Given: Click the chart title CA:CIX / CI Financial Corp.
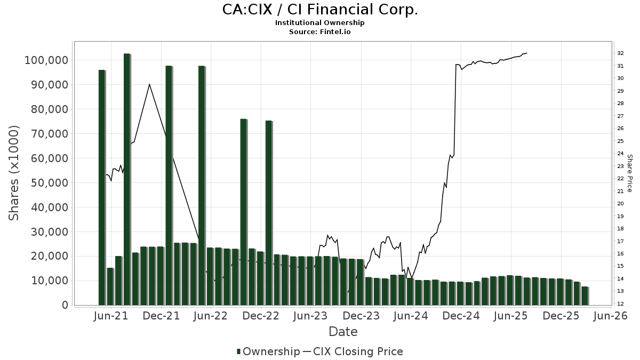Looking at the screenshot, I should tap(319, 10).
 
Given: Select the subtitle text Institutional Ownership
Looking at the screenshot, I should tap(319, 23).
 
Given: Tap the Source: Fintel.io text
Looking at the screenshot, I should tap(319, 32).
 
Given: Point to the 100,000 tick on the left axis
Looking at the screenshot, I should tap(47, 60).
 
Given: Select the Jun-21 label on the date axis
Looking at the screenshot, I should tap(111, 316).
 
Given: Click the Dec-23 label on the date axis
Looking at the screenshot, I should tap(361, 316).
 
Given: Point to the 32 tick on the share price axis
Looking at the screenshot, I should tap(620, 53).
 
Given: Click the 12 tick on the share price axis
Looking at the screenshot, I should tap(620, 304).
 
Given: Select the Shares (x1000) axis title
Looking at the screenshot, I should tap(14, 173).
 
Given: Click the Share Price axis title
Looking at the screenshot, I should tap(629, 173).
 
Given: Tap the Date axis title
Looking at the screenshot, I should tap(343, 332).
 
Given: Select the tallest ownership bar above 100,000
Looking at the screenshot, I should tap(127, 179).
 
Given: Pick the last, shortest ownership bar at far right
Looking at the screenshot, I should tap(585, 296).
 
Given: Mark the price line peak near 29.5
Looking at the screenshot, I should tap(149, 84).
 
